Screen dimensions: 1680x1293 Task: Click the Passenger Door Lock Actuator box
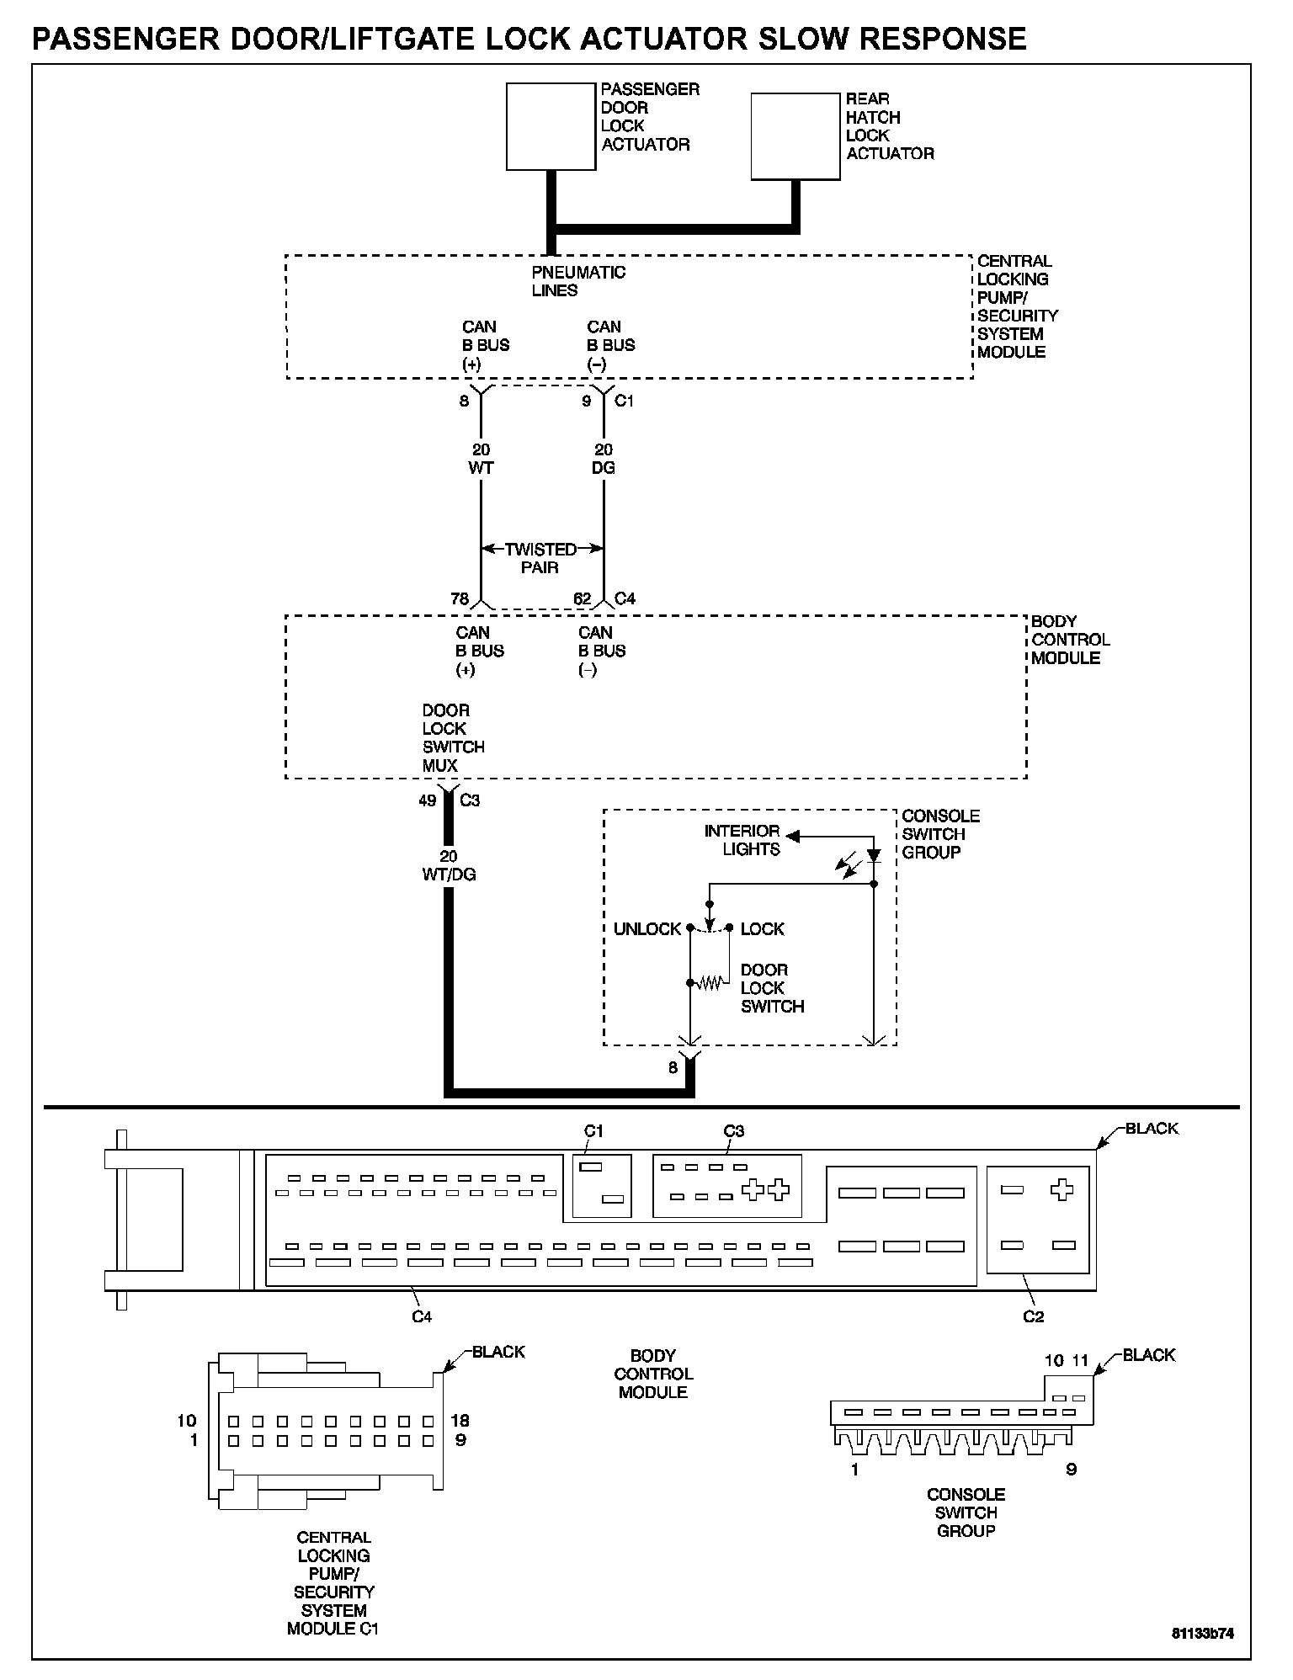pyautogui.click(x=551, y=126)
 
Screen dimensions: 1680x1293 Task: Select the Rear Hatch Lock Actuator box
pyautogui.click(x=795, y=136)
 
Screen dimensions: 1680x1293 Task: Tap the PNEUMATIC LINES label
pyautogui.click(x=578, y=281)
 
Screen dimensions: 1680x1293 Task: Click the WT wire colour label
pyautogui.click(x=481, y=468)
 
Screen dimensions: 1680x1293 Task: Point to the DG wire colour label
pyautogui.click(x=603, y=468)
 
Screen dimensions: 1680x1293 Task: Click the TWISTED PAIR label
pyautogui.click(x=540, y=558)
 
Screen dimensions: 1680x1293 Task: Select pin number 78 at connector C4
pyautogui.click(x=460, y=599)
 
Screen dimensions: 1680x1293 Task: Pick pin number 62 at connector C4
pyautogui.click(x=583, y=599)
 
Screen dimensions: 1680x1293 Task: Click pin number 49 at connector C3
pyautogui.click(x=428, y=800)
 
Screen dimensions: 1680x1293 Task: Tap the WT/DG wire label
pyautogui.click(x=449, y=875)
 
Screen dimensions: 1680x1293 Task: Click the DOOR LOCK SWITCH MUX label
pyautogui.click(x=453, y=738)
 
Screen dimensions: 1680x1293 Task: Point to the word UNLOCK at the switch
pyautogui.click(x=646, y=929)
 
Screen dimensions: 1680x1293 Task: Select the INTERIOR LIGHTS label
pyautogui.click(x=742, y=840)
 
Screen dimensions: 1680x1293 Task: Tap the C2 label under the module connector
pyautogui.click(x=1033, y=1316)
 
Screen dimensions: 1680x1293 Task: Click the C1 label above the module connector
pyautogui.click(x=594, y=1131)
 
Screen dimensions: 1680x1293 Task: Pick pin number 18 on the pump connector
pyautogui.click(x=460, y=1421)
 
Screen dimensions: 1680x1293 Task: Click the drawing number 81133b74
pyautogui.click(x=1203, y=1634)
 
